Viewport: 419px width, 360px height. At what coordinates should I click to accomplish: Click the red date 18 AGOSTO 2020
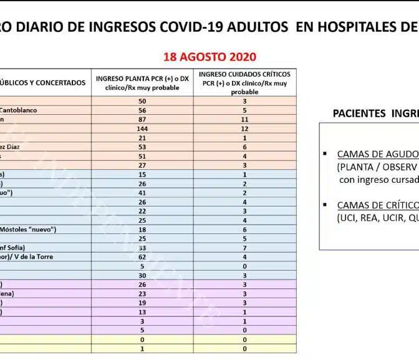point(209,57)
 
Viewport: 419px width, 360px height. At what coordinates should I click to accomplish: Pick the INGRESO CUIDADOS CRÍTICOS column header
point(245,83)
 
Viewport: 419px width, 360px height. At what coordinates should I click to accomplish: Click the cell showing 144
point(142,128)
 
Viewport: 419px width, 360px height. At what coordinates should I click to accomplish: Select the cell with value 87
point(142,119)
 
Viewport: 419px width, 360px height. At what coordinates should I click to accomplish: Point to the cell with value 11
point(245,119)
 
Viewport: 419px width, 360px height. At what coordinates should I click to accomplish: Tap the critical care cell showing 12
point(245,128)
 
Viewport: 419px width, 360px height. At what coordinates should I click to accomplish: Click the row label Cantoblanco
point(19,110)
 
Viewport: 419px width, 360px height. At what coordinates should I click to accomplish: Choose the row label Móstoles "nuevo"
point(28,230)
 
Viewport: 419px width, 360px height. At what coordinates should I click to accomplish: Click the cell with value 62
point(142,256)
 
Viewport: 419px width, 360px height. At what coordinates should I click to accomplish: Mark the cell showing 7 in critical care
point(245,248)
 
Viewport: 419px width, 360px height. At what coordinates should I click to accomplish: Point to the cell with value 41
point(142,193)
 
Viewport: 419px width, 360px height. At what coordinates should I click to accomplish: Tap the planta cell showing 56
point(142,110)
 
